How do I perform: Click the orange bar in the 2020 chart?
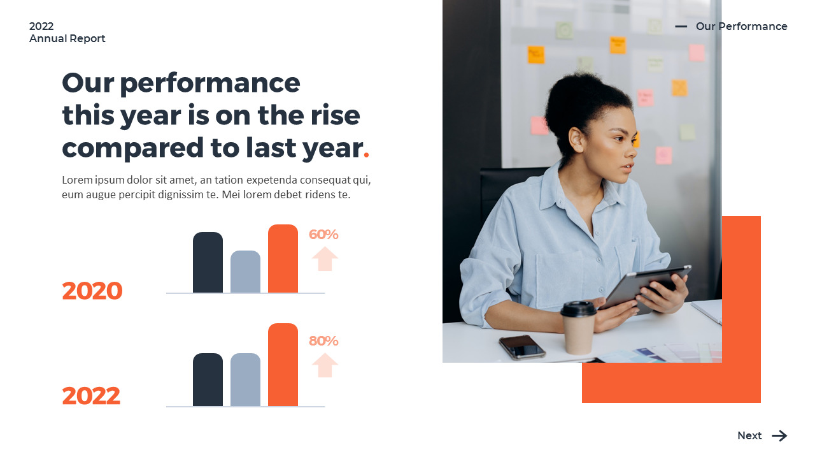click(x=283, y=259)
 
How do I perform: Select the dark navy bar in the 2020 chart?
click(x=208, y=263)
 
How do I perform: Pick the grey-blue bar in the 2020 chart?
click(x=245, y=272)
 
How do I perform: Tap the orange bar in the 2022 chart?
click(x=283, y=365)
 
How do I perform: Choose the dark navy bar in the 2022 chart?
click(x=208, y=380)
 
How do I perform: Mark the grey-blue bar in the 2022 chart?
click(x=245, y=380)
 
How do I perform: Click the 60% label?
click(x=323, y=235)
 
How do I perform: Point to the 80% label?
click(x=323, y=341)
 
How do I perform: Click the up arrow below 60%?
click(x=325, y=259)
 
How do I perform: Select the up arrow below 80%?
click(x=325, y=365)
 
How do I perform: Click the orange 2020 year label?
click(x=92, y=291)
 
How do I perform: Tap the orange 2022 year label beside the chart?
click(x=91, y=397)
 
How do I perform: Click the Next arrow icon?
click(x=779, y=436)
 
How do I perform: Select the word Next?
click(x=749, y=436)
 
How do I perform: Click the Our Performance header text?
click(x=741, y=26)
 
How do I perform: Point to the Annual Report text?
click(x=67, y=38)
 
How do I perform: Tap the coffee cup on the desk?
click(x=578, y=328)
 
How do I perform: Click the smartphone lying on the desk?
click(x=522, y=347)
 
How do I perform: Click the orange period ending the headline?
click(x=366, y=155)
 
